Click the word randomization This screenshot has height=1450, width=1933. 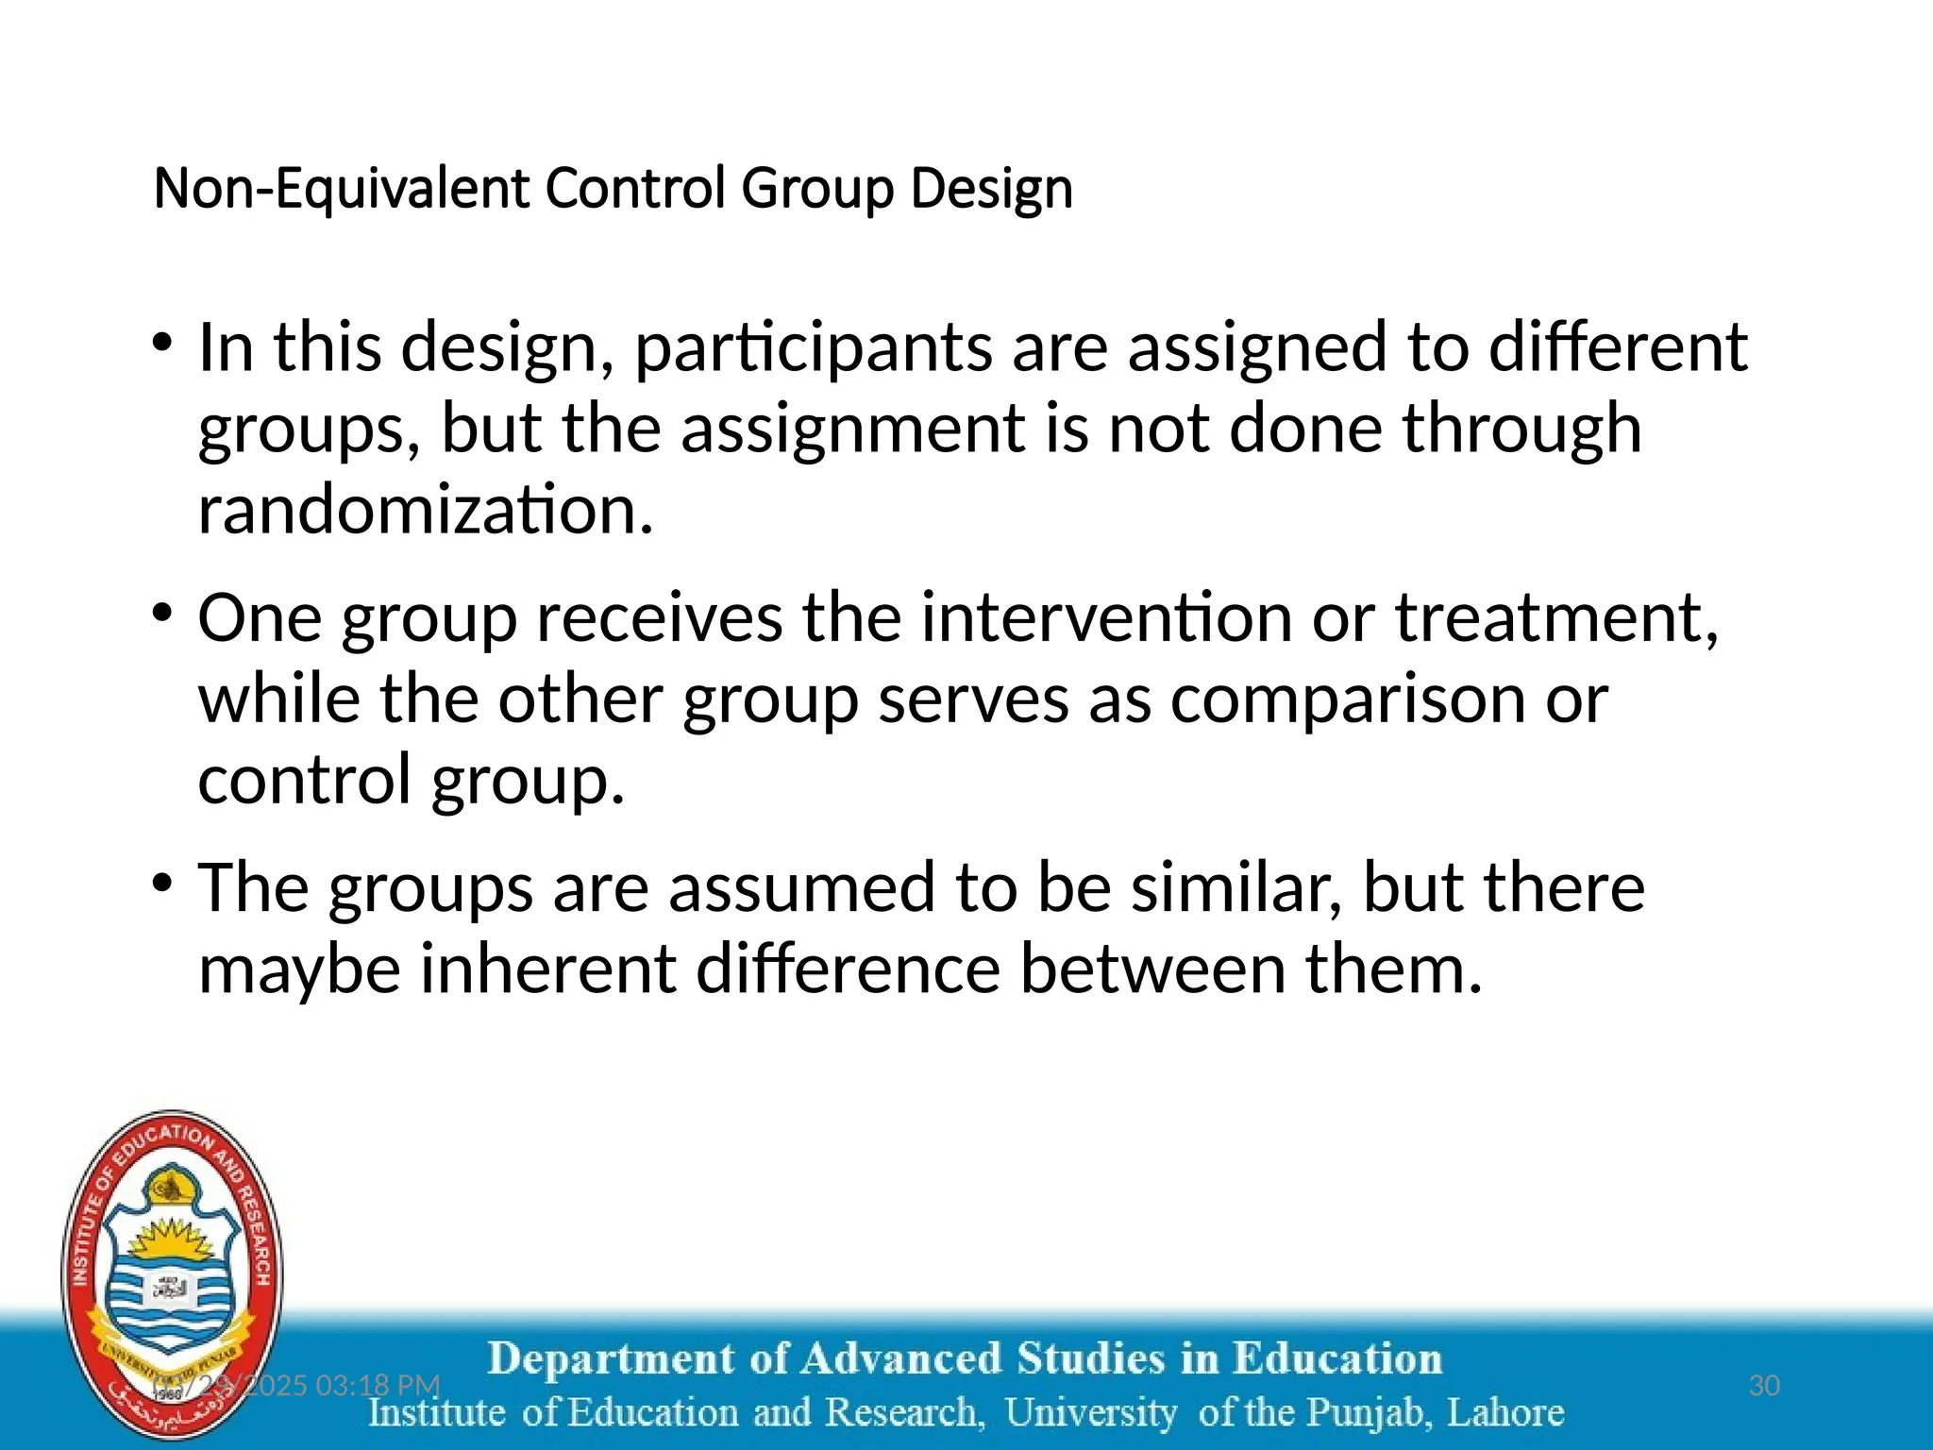[425, 510]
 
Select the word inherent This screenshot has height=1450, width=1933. [547, 969]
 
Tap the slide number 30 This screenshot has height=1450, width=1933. [1764, 1386]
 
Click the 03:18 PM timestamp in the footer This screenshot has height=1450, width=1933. [378, 1386]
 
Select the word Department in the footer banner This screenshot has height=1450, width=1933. [612, 1359]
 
